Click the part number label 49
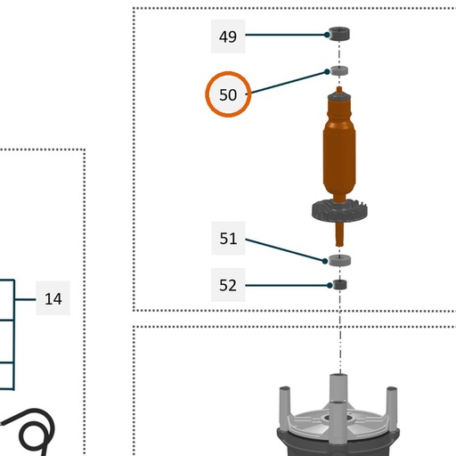(228, 37)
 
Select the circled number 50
(228, 94)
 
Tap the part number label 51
(228, 238)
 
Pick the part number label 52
(228, 285)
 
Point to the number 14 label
(53, 298)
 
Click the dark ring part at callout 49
(339, 34)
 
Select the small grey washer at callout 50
(339, 71)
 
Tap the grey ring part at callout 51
(340, 260)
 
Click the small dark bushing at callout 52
(339, 284)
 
